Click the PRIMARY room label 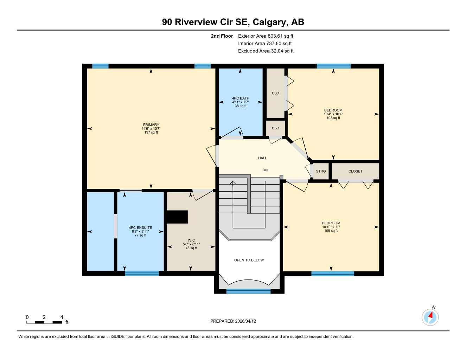(x=151, y=125)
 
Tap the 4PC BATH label (x=240, y=98)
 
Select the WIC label (x=191, y=240)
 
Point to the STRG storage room (x=321, y=171)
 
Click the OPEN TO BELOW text (x=249, y=260)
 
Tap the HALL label (x=262, y=158)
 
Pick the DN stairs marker (x=265, y=170)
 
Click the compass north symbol (x=430, y=317)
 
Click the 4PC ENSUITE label (x=140, y=227)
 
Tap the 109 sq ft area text (x=331, y=231)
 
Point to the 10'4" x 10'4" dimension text (x=333, y=114)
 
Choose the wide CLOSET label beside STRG (x=355, y=171)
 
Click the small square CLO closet (x=275, y=128)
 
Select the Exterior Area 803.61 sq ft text (x=266, y=36)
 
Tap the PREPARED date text (x=233, y=321)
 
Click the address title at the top (x=233, y=22)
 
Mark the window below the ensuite (x=142, y=273)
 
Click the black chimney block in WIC (x=177, y=217)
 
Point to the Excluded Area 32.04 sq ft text (x=266, y=51)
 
